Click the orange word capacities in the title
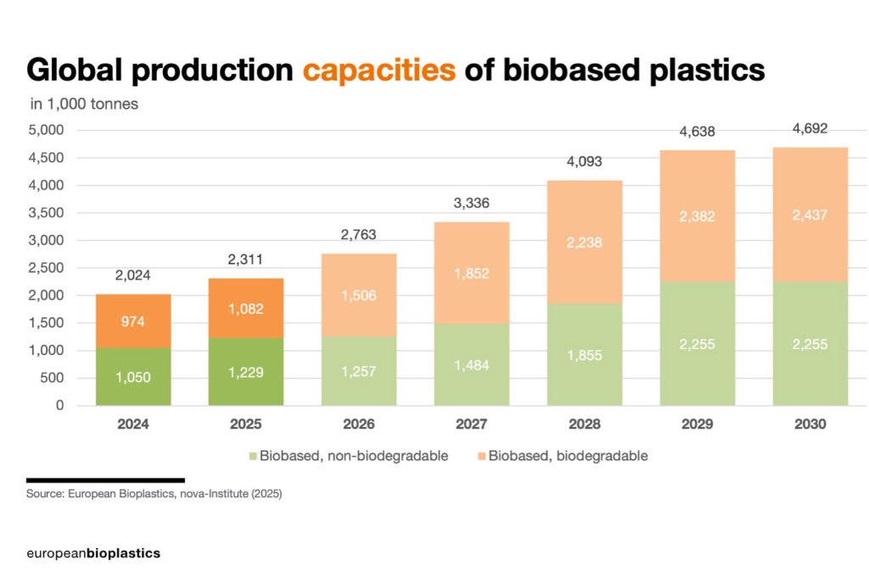[x=378, y=70]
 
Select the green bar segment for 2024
[x=134, y=377]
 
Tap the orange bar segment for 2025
[x=246, y=308]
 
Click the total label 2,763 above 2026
[x=359, y=234]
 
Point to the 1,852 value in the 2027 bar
[x=471, y=273]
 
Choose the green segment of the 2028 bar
[x=584, y=355]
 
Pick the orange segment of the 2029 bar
[x=697, y=216]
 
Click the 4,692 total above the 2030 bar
[x=810, y=129]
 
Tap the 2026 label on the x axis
[x=359, y=424]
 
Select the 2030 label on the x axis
[x=810, y=424]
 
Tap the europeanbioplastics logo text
[x=93, y=553]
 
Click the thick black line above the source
[x=104, y=480]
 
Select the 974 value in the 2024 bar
[x=134, y=322]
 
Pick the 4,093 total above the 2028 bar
[x=584, y=161]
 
